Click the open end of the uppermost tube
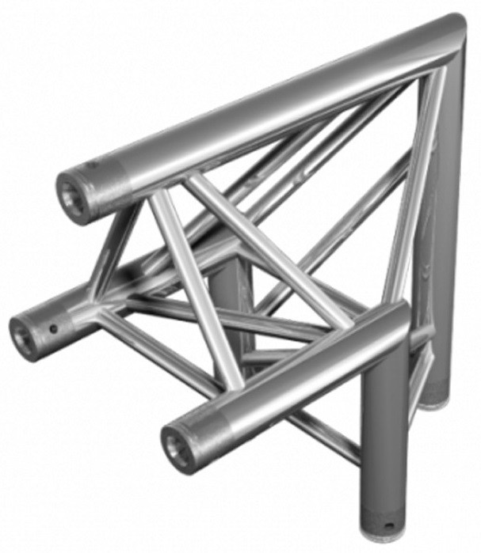[73, 193]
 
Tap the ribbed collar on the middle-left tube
[59, 320]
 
